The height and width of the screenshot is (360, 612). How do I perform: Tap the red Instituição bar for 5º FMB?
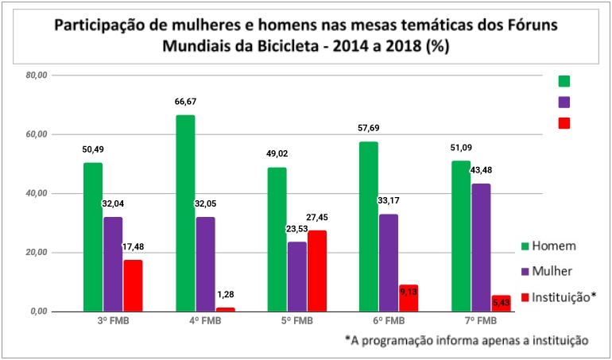pyautogui.click(x=317, y=271)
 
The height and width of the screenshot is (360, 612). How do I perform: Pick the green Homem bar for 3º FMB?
pyautogui.click(x=93, y=237)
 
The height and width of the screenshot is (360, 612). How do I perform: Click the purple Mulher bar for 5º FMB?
pyautogui.click(x=297, y=277)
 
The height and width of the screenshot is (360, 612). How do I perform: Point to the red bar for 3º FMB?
pyautogui.click(x=133, y=285)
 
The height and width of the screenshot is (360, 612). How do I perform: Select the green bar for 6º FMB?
pyautogui.click(x=369, y=226)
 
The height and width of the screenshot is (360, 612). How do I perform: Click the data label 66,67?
pyautogui.click(x=186, y=102)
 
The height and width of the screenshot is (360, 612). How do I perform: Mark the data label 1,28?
pyautogui.click(x=226, y=296)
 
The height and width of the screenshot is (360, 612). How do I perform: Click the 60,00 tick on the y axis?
pyautogui.click(x=37, y=134)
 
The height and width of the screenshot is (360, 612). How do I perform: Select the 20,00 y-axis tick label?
pyautogui.click(x=37, y=253)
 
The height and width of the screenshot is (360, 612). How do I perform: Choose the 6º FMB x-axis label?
pyautogui.click(x=389, y=322)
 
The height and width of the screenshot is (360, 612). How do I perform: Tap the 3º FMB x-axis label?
pyautogui.click(x=113, y=322)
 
